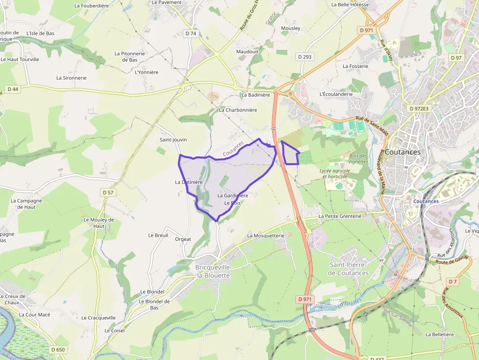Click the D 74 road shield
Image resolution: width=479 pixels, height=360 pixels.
(x=191, y=34)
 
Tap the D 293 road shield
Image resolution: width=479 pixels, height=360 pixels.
(x=304, y=57)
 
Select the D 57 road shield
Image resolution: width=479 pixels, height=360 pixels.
(x=109, y=192)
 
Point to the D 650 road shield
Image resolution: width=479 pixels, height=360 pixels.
(x=58, y=349)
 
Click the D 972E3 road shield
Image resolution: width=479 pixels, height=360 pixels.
(x=419, y=108)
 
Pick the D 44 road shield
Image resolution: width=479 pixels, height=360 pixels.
(x=13, y=89)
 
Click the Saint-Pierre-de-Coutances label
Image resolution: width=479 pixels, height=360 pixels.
(x=349, y=269)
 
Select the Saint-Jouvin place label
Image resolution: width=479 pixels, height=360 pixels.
(x=174, y=140)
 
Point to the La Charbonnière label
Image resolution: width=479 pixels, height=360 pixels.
(x=238, y=110)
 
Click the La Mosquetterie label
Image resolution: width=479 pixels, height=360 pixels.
(x=266, y=235)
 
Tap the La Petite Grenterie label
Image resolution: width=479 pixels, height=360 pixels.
(x=340, y=216)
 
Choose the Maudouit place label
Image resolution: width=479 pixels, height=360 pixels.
(x=247, y=51)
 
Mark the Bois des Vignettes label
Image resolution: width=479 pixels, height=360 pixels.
(x=358, y=158)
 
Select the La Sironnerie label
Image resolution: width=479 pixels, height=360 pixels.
(x=71, y=78)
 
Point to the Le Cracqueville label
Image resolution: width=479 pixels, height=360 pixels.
(x=99, y=318)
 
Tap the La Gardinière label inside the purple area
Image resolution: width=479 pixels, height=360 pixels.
(x=233, y=195)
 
